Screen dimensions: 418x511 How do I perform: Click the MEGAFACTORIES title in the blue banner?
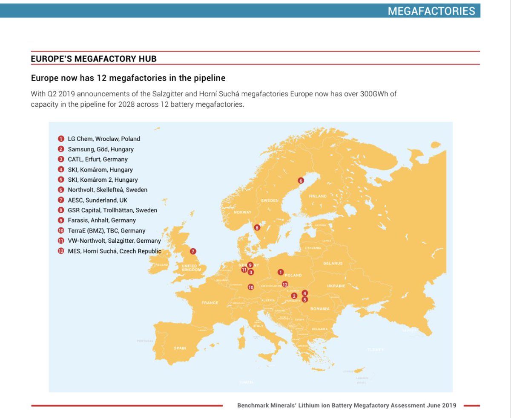point(431,11)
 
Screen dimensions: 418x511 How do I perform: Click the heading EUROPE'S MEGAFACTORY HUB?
point(94,59)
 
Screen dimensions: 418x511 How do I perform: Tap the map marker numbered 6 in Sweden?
point(301,180)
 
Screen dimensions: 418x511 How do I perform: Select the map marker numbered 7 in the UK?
point(193,252)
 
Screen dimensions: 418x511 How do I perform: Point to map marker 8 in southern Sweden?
point(257,228)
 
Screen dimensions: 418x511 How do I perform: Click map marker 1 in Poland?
point(280,272)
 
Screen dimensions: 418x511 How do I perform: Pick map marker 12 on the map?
point(285,284)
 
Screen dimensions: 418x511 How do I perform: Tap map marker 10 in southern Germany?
point(251,287)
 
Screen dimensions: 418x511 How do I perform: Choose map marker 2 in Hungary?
point(294,296)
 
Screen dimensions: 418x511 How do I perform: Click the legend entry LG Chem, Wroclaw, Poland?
point(104,139)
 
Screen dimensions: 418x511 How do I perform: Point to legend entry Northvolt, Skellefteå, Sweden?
point(107,190)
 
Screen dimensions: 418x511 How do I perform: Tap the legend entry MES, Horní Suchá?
point(114,251)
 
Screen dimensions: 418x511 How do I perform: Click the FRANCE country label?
point(210,303)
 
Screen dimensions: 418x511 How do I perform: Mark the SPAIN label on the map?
point(180,348)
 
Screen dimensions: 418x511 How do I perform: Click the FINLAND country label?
point(318,196)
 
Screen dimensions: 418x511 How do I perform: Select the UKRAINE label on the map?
point(336,286)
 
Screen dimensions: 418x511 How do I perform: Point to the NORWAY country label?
point(243,212)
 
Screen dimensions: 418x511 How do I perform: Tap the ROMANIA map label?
point(319,309)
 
